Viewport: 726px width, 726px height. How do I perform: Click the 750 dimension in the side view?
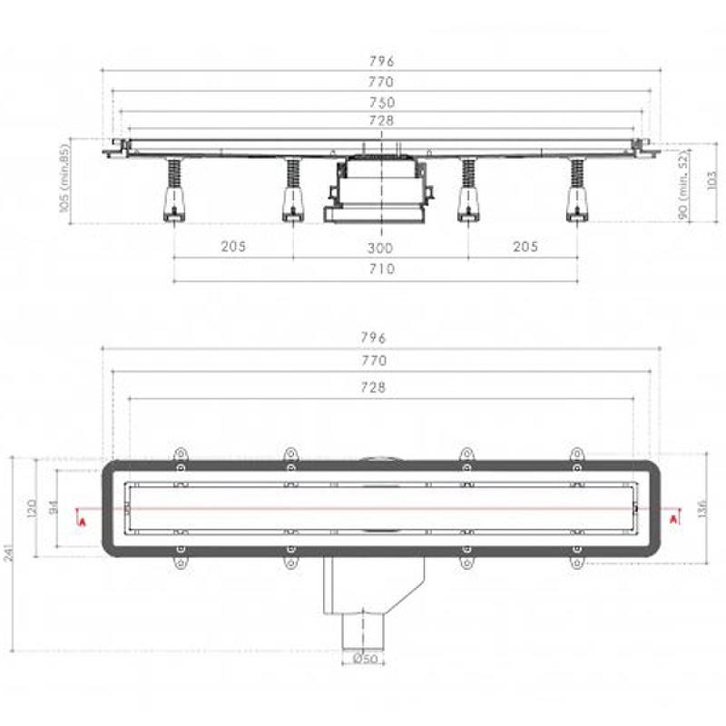pyautogui.click(x=381, y=103)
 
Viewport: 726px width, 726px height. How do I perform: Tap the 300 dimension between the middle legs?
pyautogui.click(x=380, y=248)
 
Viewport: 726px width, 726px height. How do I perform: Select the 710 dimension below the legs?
pyautogui.click(x=381, y=269)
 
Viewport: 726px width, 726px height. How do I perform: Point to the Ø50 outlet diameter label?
pyautogui.click(x=366, y=659)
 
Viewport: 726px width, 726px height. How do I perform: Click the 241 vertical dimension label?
pyautogui.click(x=9, y=554)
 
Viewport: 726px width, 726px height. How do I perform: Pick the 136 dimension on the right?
pyautogui.click(x=702, y=509)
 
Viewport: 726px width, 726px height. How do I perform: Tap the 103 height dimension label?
pyautogui.click(x=712, y=180)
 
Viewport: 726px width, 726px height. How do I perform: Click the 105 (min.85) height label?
pyautogui.click(x=64, y=178)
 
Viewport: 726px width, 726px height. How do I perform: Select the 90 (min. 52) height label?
pyautogui.click(x=683, y=185)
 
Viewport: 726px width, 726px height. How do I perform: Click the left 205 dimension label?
pyautogui.click(x=233, y=246)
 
